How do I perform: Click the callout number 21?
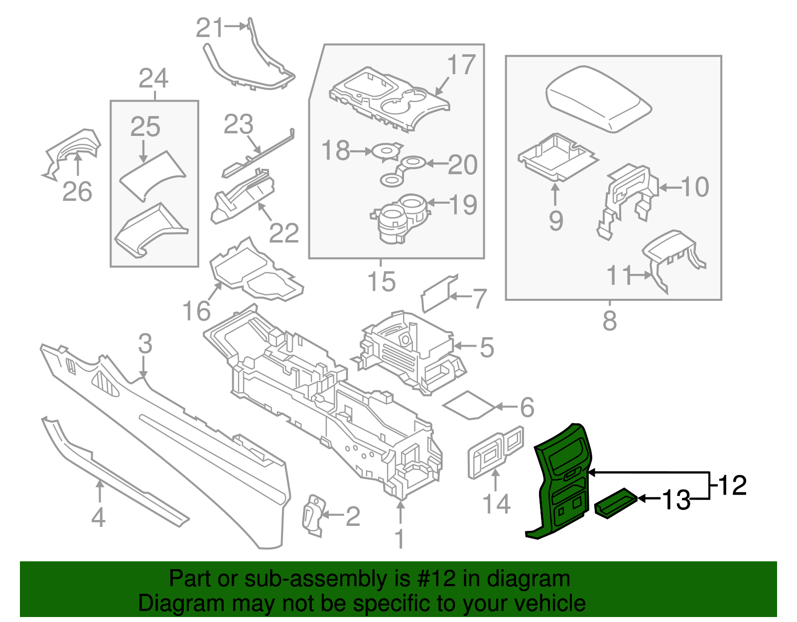pyautogui.click(x=209, y=28)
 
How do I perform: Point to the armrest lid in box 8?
pyautogui.click(x=598, y=97)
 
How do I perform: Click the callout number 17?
pyautogui.click(x=461, y=65)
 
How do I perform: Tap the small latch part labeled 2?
pyautogui.click(x=313, y=515)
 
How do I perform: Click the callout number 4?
pyautogui.click(x=98, y=517)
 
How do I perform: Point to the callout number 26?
pyautogui.click(x=77, y=192)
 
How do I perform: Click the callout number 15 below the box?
pyautogui.click(x=382, y=282)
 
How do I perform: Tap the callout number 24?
pyautogui.click(x=153, y=79)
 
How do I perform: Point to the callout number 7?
pyautogui.click(x=479, y=298)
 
